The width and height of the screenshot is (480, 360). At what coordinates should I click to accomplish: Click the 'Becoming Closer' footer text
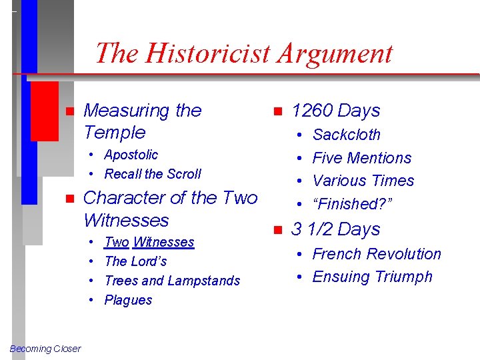pyautogui.click(x=45, y=349)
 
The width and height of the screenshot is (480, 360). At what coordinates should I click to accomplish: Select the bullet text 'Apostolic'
pyautogui.click(x=131, y=155)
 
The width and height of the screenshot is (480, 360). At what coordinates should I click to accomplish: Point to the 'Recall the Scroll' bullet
pyautogui.click(x=153, y=174)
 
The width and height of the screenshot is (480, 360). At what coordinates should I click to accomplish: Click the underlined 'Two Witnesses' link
pyautogui.click(x=149, y=242)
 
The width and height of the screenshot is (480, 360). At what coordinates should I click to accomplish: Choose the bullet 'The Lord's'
pyautogui.click(x=136, y=261)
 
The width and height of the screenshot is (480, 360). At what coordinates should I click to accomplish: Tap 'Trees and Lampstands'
pyautogui.click(x=172, y=281)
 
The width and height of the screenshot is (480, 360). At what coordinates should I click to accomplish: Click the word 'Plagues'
pyautogui.click(x=129, y=300)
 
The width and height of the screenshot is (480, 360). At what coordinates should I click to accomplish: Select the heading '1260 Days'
pyautogui.click(x=335, y=111)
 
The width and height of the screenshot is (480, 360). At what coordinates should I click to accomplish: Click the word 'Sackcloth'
pyautogui.click(x=346, y=135)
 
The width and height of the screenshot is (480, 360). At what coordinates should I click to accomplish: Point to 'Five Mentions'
pyautogui.click(x=362, y=158)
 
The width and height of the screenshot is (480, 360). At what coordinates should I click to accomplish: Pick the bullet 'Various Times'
pyautogui.click(x=363, y=181)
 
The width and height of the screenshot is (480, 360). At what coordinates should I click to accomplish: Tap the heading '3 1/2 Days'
pyautogui.click(x=335, y=229)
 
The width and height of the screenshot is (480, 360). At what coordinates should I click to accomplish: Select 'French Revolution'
pyautogui.click(x=377, y=254)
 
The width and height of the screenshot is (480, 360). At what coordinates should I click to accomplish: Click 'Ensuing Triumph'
pyautogui.click(x=372, y=277)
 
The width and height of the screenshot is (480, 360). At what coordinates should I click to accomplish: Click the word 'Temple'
pyautogui.click(x=115, y=132)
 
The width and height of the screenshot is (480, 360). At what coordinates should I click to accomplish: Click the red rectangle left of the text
pyautogui.click(x=45, y=111)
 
